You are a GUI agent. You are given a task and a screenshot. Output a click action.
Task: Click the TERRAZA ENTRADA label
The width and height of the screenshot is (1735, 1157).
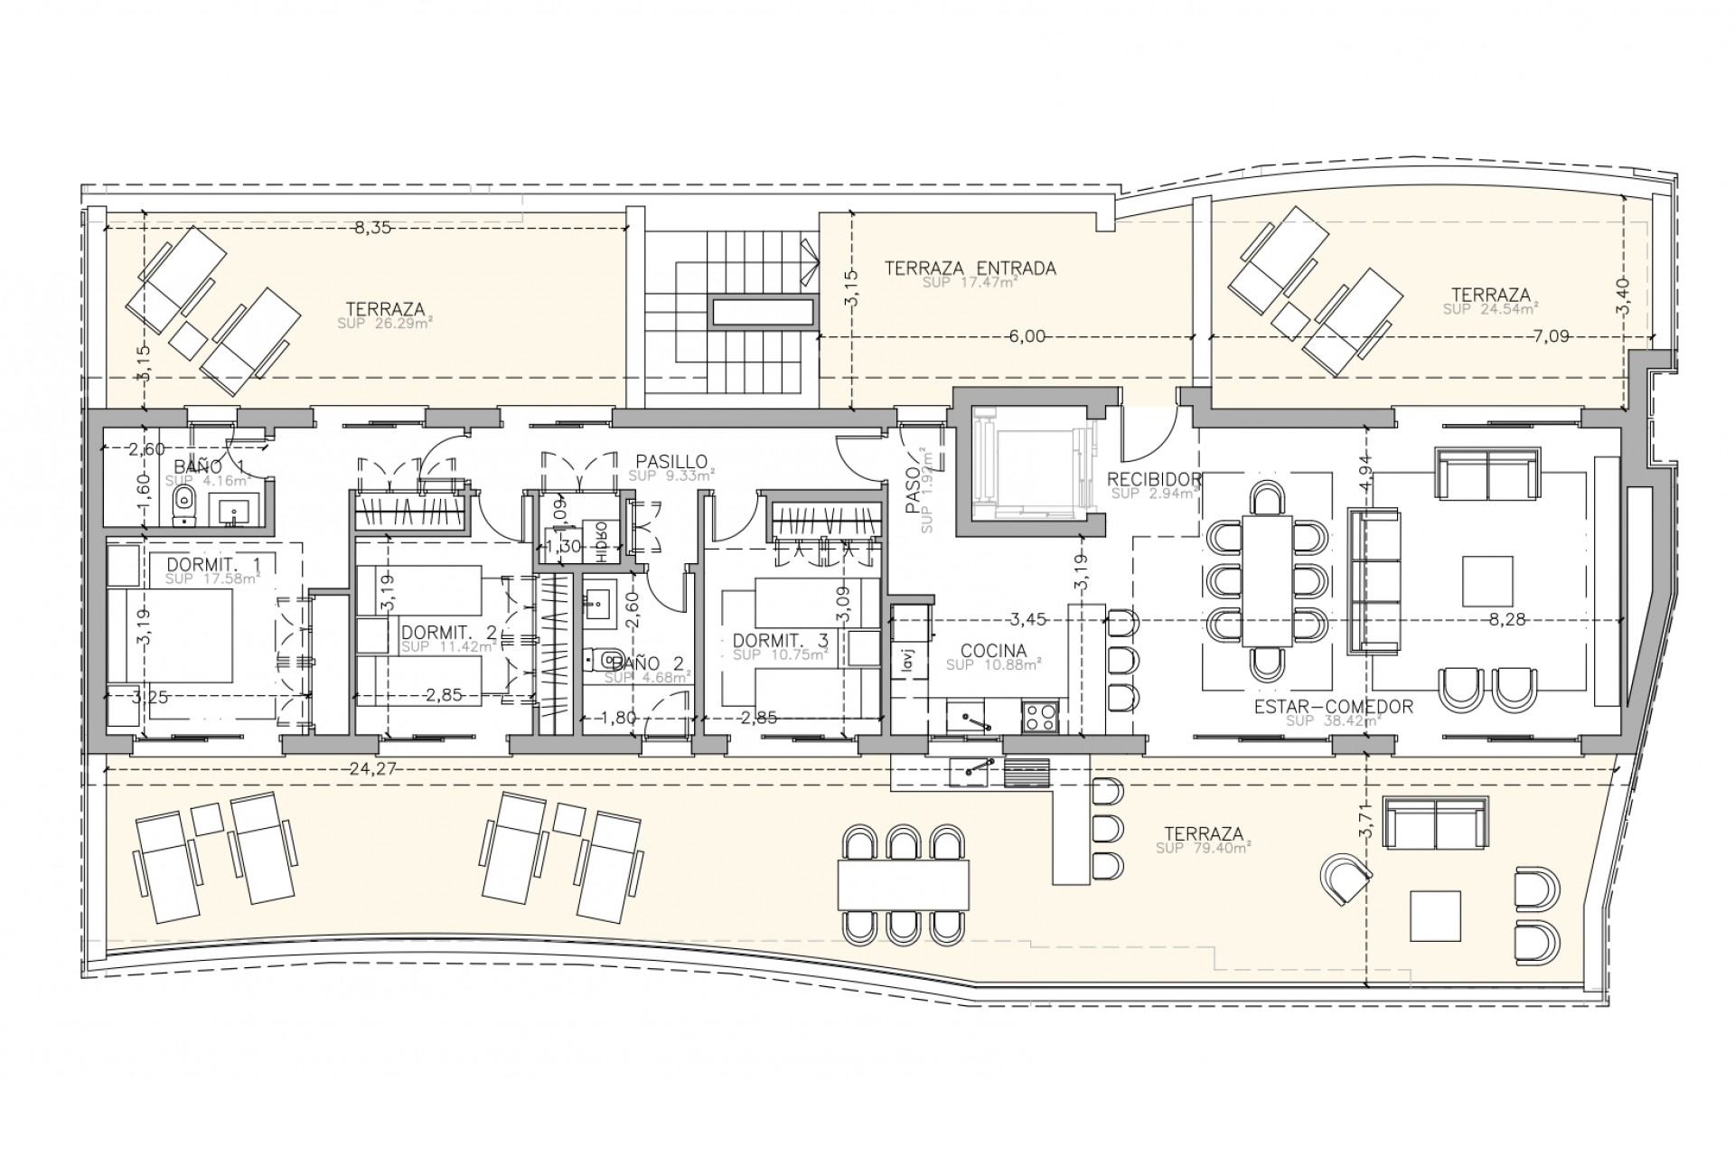click(x=971, y=268)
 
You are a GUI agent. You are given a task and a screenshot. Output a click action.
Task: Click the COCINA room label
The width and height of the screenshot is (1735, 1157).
click(x=993, y=650)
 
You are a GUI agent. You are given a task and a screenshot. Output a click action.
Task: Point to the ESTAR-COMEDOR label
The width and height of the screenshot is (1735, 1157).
click(x=1333, y=707)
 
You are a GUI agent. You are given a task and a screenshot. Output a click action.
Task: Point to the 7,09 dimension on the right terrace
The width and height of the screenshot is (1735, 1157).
click(x=1550, y=336)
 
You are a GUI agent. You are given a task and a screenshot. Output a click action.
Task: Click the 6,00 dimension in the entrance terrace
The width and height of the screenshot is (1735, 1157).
click(x=1027, y=336)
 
